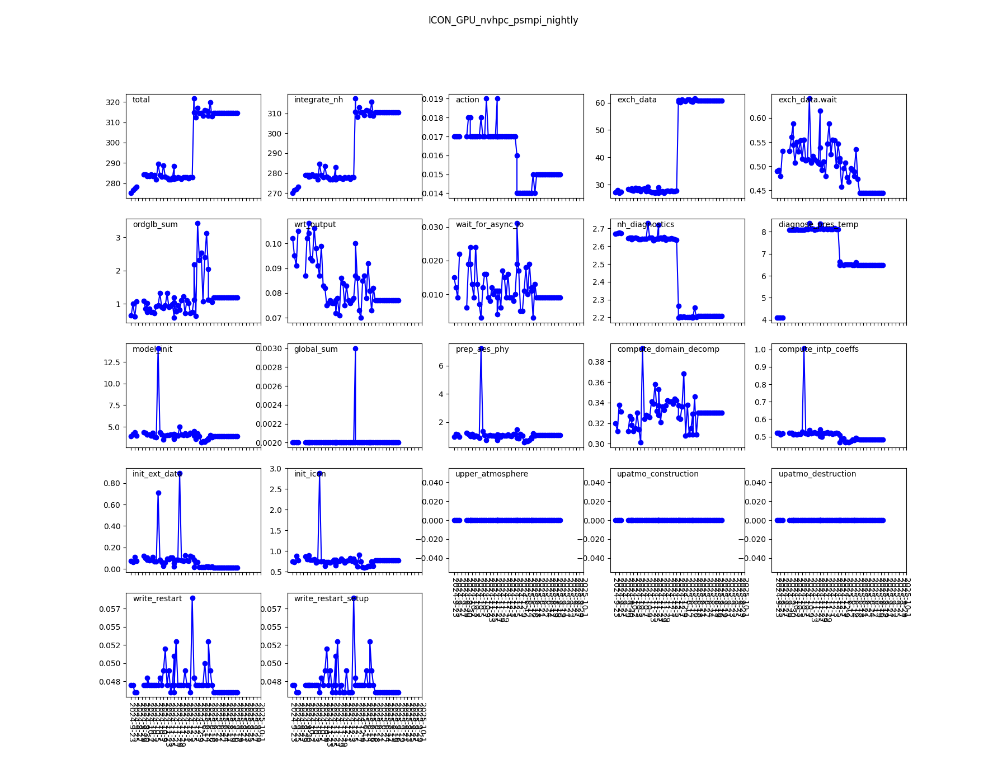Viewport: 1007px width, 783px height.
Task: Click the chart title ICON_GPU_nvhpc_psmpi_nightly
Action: point(503,20)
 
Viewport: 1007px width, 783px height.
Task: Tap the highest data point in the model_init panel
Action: point(158,349)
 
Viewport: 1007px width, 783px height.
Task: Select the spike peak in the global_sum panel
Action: point(355,348)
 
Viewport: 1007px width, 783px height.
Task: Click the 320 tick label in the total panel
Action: point(112,102)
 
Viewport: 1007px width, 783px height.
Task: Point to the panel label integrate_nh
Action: point(318,100)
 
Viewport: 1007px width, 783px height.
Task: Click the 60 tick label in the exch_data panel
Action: point(600,103)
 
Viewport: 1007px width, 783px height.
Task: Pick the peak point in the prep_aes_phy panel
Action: point(481,349)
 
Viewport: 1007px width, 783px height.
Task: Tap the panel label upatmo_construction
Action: point(657,474)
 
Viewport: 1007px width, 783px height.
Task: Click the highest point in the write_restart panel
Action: point(192,598)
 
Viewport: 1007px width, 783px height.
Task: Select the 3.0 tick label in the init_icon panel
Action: point(275,469)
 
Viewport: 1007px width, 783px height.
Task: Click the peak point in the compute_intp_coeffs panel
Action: point(804,349)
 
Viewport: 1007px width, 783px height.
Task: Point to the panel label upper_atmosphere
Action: point(491,474)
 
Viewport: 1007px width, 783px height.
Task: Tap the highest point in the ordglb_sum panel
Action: point(197,223)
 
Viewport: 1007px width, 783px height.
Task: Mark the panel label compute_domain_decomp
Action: point(668,350)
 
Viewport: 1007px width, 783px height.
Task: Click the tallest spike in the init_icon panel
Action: point(319,474)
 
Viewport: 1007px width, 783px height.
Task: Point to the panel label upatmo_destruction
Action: point(817,474)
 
